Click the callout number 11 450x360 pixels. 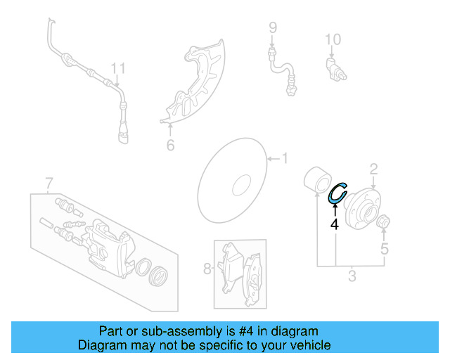click(x=118, y=68)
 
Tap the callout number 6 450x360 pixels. click(x=169, y=146)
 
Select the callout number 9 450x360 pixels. click(x=273, y=28)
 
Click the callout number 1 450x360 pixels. click(x=285, y=158)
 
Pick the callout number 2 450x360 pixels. click(x=374, y=168)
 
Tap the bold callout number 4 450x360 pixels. click(x=335, y=224)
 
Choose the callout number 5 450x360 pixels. click(x=384, y=248)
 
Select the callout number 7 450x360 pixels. click(x=49, y=184)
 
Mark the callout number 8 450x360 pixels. click(x=207, y=268)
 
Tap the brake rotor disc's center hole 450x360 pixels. click(x=240, y=186)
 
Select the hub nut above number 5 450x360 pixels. click(x=384, y=224)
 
